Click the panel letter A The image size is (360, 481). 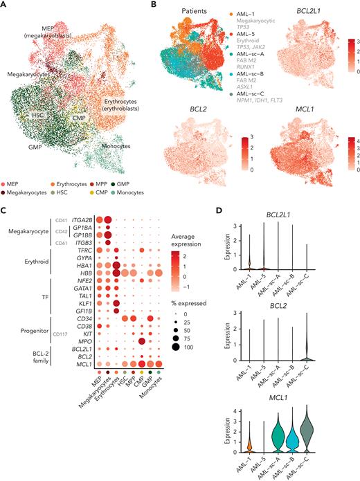5,5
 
